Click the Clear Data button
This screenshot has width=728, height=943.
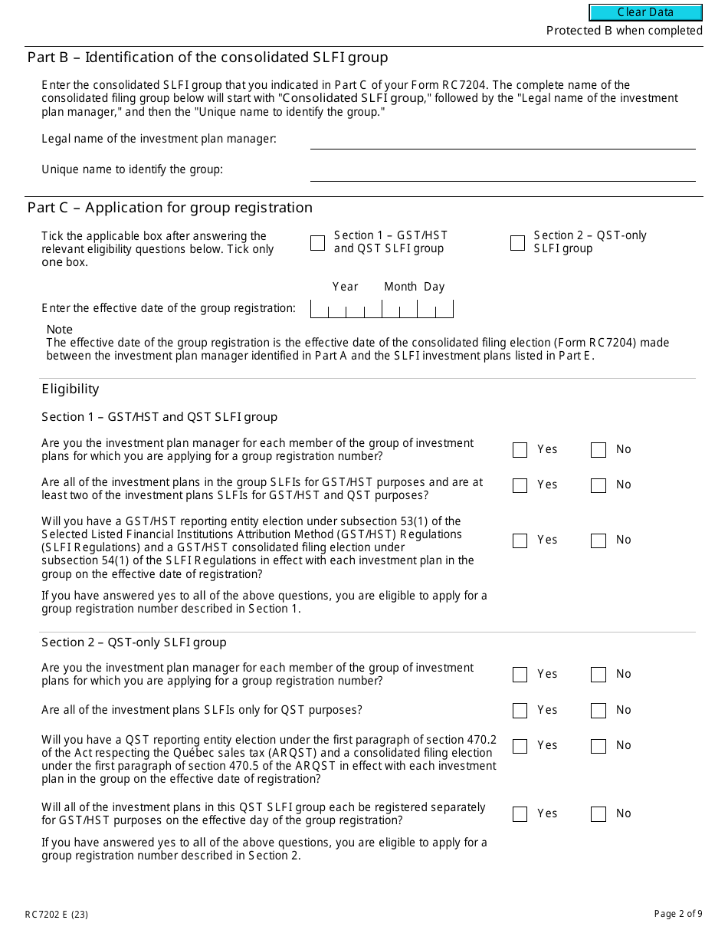645,12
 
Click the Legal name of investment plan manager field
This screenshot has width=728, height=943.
502,140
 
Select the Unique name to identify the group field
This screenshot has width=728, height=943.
502,172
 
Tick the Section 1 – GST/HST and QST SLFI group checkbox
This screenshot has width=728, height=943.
317,243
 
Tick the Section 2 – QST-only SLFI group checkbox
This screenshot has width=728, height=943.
517,243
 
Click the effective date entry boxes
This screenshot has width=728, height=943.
382,309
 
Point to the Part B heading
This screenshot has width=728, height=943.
208,58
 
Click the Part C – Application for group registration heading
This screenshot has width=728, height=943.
170,208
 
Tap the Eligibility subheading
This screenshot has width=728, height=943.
71,389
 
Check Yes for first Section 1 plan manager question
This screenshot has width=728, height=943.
520,450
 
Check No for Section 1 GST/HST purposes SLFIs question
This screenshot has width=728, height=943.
598,485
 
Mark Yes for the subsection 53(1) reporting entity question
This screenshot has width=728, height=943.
520,540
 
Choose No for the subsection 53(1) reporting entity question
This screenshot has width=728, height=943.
598,540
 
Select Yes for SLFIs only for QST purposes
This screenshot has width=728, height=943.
520,711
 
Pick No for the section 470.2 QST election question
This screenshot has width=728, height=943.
598,746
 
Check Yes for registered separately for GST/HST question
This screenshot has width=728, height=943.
520,814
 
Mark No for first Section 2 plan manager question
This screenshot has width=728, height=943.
598,675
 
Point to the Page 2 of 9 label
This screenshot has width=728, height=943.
677,913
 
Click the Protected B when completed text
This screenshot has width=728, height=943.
624,31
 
